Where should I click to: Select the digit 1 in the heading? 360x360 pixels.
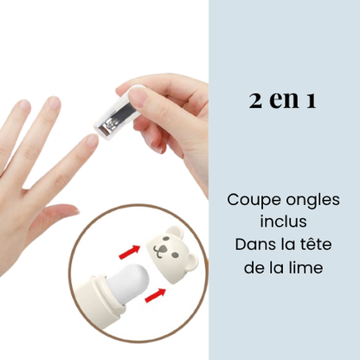click(x=309, y=100)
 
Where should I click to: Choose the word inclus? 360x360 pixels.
click(x=282, y=222)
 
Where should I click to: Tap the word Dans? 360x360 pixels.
click(x=254, y=245)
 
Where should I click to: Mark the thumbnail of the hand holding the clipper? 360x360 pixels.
click(x=137, y=92)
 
